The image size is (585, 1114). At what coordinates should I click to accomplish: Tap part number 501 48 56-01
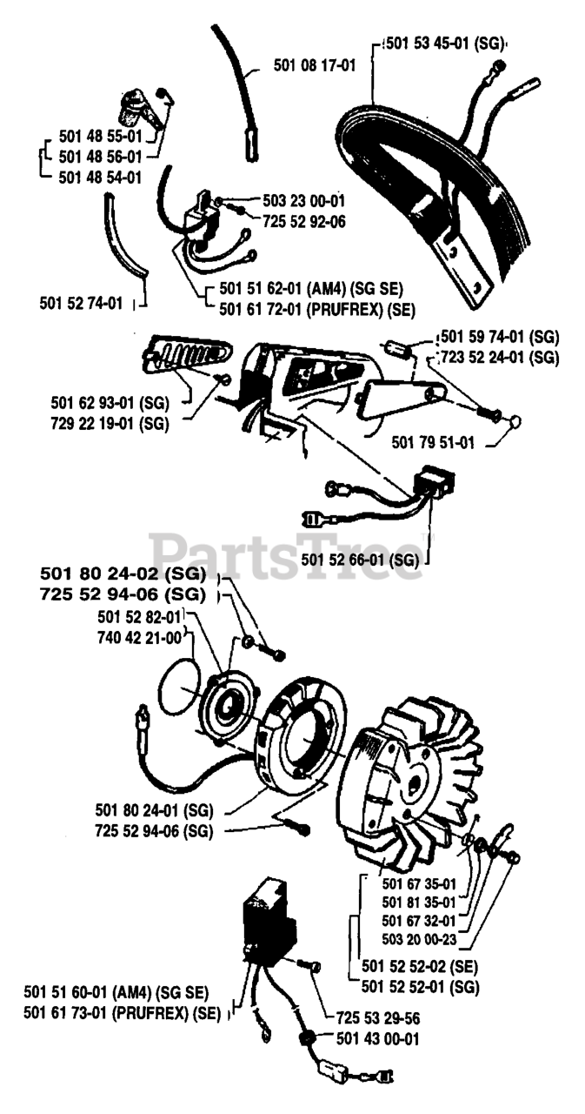(x=100, y=157)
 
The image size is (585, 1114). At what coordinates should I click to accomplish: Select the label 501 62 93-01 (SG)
(x=109, y=402)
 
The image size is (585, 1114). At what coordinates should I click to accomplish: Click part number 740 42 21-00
(x=140, y=637)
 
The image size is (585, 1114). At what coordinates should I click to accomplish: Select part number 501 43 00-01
(x=378, y=1037)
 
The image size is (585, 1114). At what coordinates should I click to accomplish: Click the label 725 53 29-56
(x=378, y=1017)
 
